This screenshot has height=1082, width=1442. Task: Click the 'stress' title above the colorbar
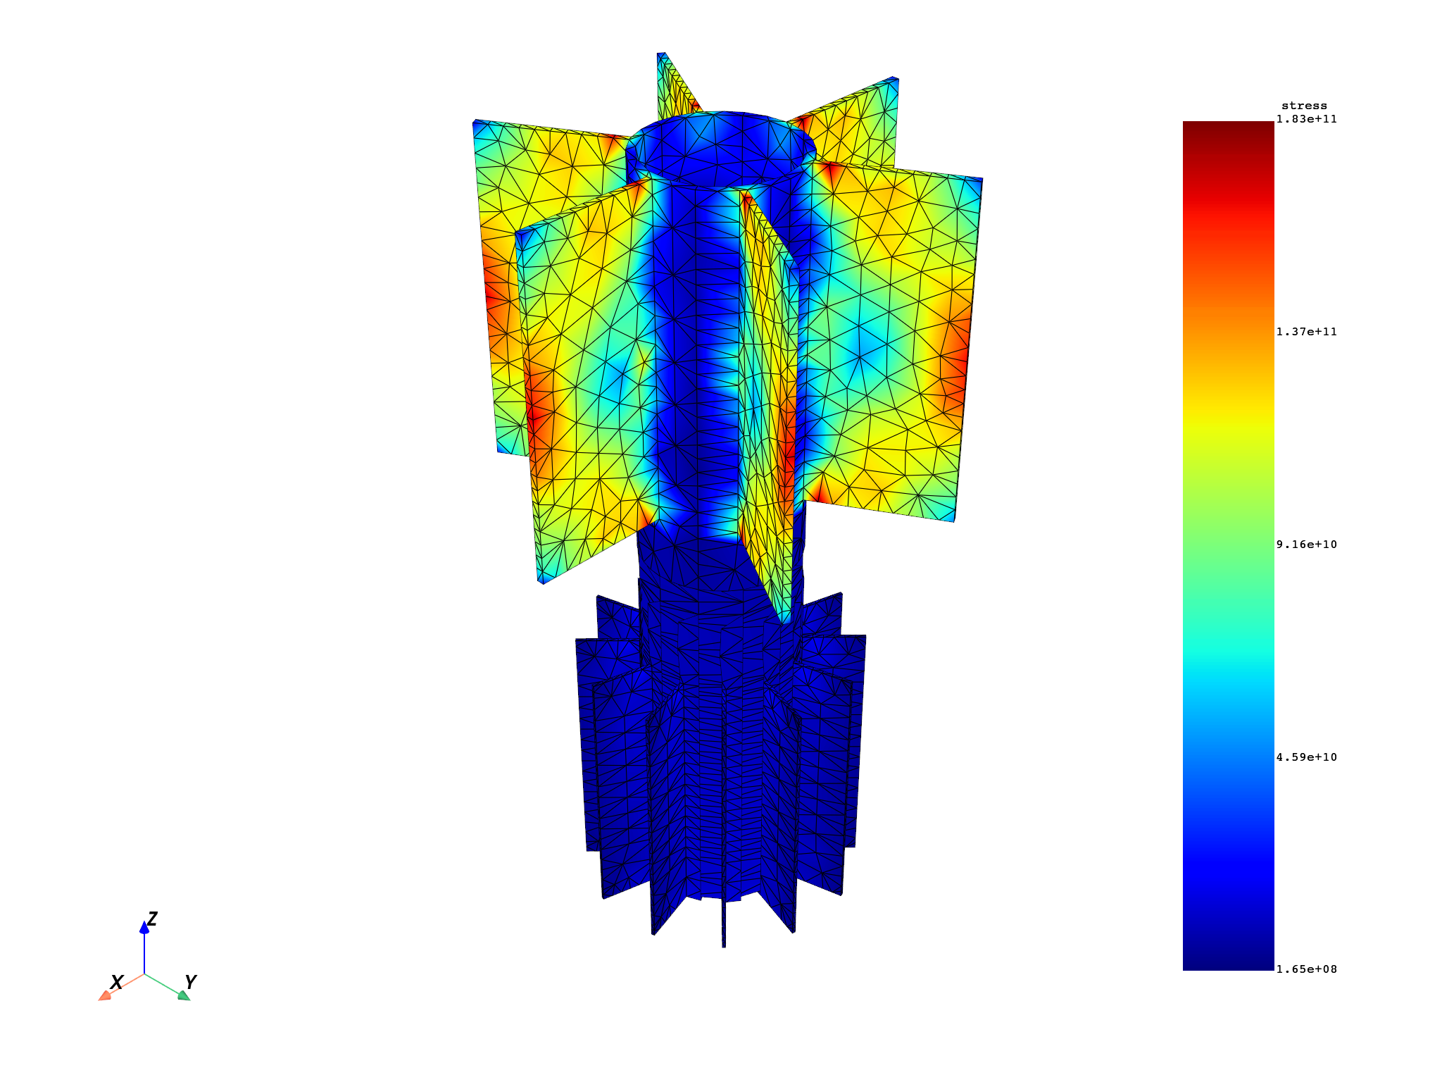pyautogui.click(x=1304, y=106)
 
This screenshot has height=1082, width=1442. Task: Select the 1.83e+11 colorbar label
pyautogui.click(x=1306, y=119)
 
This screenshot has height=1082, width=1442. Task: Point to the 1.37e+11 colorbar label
pyautogui.click(x=1306, y=332)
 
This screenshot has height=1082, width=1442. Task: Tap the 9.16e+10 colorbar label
pyautogui.click(x=1306, y=545)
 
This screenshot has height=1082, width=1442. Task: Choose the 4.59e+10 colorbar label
pyautogui.click(x=1306, y=757)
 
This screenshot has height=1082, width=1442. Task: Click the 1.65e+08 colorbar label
pyautogui.click(x=1306, y=969)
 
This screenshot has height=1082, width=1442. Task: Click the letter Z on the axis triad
pyautogui.click(x=151, y=919)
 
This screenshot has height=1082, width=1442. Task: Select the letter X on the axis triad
pyautogui.click(x=117, y=982)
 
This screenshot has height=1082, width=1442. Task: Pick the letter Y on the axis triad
pyautogui.click(x=190, y=981)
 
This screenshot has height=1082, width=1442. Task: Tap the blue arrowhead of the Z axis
pyautogui.click(x=144, y=928)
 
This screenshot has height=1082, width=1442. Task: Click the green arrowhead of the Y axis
pyautogui.click(x=184, y=995)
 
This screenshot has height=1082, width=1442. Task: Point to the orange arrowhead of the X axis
pyautogui.click(x=105, y=995)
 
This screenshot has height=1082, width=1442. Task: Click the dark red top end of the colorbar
pyautogui.click(x=1228, y=127)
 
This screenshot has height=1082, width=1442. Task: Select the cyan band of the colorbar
pyautogui.click(x=1228, y=669)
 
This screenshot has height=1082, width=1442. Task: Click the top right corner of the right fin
pyautogui.click(x=981, y=180)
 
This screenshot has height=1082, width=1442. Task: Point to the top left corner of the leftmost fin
pyautogui.click(x=475, y=122)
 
